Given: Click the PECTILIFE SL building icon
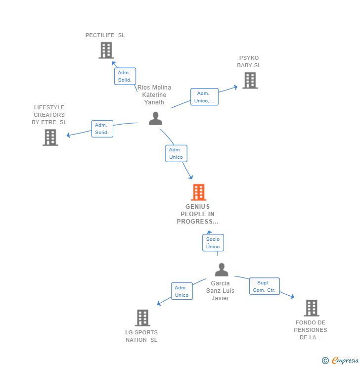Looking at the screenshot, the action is (106, 50).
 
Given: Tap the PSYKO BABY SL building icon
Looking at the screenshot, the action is (250, 81).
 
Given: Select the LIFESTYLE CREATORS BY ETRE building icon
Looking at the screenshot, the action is (50, 137).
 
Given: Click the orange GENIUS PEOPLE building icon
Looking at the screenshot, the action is (198, 192).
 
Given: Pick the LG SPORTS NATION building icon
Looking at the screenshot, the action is (142, 318).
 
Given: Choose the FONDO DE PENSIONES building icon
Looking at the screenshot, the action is (311, 308).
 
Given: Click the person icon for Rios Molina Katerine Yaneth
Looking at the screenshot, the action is (155, 119).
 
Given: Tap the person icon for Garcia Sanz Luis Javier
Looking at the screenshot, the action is (222, 270).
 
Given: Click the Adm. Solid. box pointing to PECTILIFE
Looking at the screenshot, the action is (125, 76).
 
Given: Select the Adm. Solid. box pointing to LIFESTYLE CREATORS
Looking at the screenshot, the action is (102, 129).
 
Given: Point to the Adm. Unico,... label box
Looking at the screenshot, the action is (204, 97).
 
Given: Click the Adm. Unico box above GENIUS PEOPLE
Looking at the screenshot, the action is (176, 153).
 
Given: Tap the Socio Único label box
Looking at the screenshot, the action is (213, 243).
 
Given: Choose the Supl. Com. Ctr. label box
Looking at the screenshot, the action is (264, 286).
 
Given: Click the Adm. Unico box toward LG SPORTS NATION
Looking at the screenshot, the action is (181, 291).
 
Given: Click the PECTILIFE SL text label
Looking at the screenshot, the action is (105, 35).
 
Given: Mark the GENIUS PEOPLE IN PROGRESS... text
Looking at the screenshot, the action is (197, 214).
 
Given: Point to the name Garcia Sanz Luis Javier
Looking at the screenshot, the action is (220, 291).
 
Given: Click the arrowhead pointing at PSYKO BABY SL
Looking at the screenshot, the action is (235, 87).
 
